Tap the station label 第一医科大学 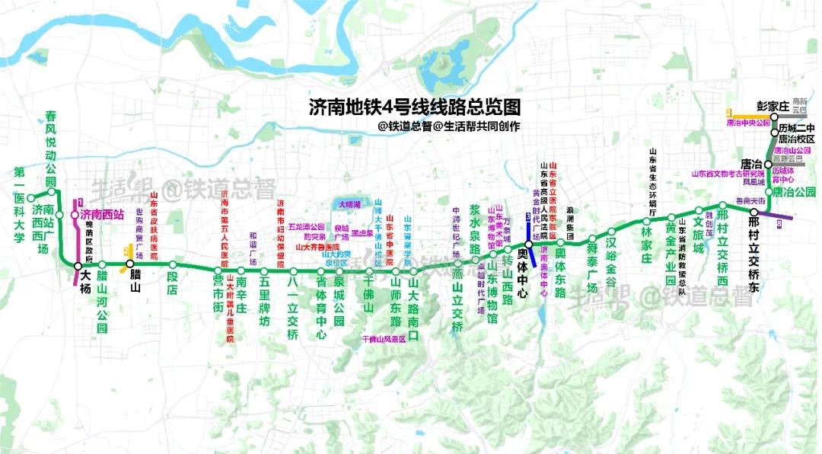(x=20, y=205)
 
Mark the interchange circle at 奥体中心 (x=528, y=244)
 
